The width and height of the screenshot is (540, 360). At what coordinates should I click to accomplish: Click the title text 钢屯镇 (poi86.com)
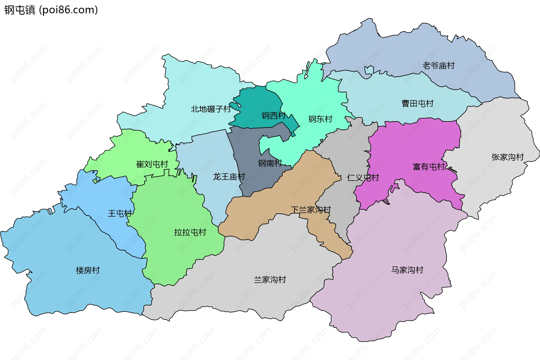[51, 10]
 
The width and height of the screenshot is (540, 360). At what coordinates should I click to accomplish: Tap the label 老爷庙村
[438, 66]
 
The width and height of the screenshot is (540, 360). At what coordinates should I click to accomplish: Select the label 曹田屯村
[417, 103]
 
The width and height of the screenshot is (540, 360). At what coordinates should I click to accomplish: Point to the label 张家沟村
[507, 157]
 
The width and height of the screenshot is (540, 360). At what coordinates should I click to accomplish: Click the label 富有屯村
[429, 167]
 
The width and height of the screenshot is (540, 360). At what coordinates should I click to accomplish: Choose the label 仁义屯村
[363, 177]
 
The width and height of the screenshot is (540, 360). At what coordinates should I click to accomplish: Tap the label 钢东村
[320, 119]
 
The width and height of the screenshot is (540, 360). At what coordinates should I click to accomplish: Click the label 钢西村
[273, 116]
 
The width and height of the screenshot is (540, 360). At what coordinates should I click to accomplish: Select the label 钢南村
[270, 163]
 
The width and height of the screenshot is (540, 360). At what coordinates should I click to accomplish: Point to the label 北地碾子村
[211, 109]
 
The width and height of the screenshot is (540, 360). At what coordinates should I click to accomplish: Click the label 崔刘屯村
[152, 164]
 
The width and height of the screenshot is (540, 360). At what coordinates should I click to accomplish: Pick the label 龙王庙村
[229, 177]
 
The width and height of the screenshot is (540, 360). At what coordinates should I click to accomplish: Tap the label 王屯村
[120, 213]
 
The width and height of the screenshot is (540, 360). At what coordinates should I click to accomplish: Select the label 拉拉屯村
[190, 232]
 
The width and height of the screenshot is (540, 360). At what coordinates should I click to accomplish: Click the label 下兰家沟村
[310, 210]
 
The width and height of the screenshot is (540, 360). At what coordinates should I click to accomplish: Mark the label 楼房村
[88, 270]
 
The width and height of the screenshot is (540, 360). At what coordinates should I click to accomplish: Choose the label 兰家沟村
[270, 280]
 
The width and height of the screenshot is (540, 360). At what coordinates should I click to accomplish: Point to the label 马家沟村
[407, 270]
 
